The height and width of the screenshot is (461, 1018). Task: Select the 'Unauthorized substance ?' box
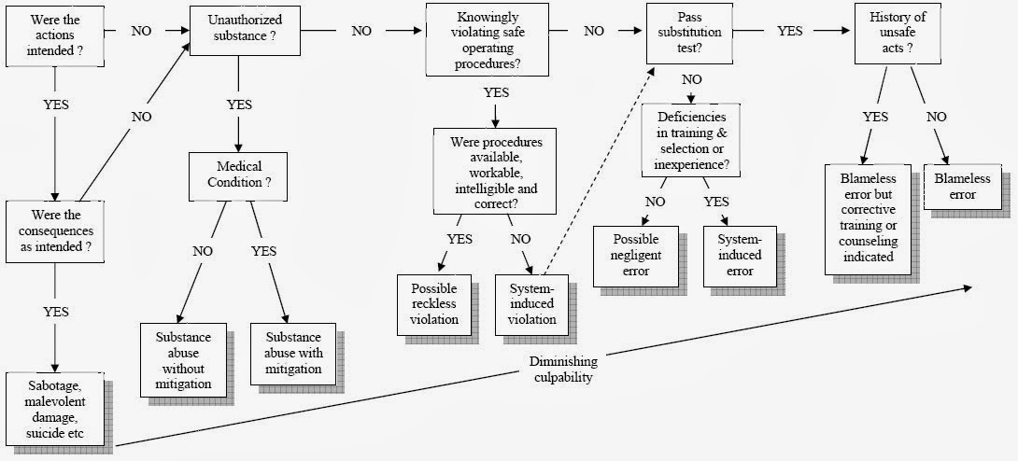(238, 30)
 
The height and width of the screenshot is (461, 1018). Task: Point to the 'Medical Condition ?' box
(238, 175)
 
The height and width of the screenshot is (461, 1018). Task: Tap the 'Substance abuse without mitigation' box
(184, 359)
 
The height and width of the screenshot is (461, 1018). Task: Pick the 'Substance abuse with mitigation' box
(292, 354)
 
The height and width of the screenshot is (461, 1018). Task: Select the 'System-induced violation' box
(531, 303)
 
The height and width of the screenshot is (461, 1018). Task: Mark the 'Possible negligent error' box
(637, 255)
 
